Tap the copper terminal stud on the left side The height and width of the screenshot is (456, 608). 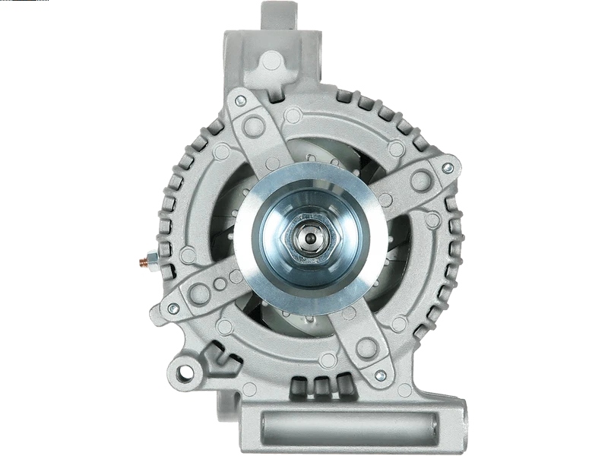coord(143,263)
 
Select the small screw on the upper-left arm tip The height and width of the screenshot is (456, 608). coord(240,100)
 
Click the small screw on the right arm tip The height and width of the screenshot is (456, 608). coord(448,167)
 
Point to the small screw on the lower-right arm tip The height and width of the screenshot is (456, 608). coord(381,375)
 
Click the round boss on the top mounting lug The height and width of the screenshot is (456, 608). coord(271,60)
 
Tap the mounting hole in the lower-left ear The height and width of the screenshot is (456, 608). coord(183,373)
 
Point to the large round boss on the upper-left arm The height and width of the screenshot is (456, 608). coord(253,126)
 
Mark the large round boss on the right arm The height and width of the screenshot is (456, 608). coord(420,180)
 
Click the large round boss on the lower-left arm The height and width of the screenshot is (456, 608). coord(200,293)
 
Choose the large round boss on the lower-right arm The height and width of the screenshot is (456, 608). coord(366,348)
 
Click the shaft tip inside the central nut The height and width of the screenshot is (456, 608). coord(310,238)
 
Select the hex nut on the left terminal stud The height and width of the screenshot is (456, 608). coord(152,262)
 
